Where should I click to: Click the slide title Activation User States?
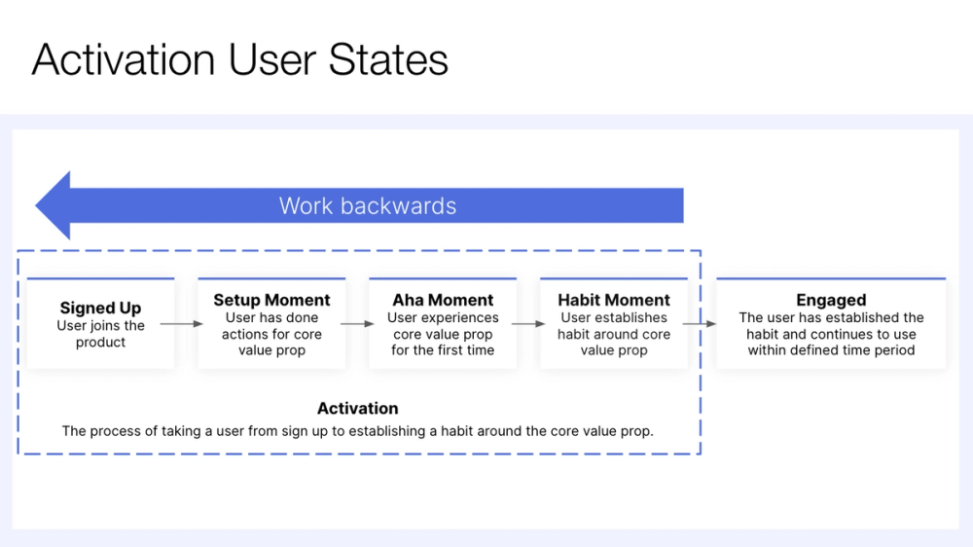pyautogui.click(x=239, y=60)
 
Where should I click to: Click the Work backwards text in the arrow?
pyautogui.click(x=368, y=205)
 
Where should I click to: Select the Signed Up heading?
pyautogui.click(x=100, y=309)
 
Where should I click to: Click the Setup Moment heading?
pyautogui.click(x=271, y=300)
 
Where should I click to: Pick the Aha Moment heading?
pyautogui.click(x=443, y=300)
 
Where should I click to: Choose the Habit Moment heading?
pyautogui.click(x=614, y=300)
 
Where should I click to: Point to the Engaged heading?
pyautogui.click(x=831, y=300)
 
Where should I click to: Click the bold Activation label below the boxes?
pyautogui.click(x=357, y=409)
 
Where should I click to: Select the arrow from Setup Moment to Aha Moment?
pyautogui.click(x=357, y=323)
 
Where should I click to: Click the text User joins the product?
pyautogui.click(x=100, y=334)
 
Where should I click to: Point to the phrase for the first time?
pyautogui.click(x=443, y=350)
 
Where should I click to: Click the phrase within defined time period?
pyautogui.click(x=831, y=350)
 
